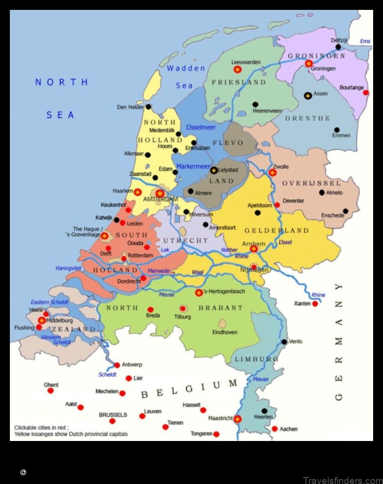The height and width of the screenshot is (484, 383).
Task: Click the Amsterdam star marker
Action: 159,193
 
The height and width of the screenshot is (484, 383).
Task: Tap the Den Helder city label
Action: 130,107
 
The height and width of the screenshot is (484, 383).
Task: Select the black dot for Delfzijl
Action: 338,47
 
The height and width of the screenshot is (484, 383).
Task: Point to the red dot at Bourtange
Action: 366,92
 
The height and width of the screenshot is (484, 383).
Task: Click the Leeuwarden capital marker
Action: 237,70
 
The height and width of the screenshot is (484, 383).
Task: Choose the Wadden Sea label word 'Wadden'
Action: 186,68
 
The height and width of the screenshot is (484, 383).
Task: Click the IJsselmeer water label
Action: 200,128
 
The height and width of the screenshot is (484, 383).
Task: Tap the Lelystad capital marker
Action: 214,170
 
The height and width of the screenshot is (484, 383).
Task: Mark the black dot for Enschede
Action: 345,211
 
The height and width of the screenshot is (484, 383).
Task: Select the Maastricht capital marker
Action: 237,419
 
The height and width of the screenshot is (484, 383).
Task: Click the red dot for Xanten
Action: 315,304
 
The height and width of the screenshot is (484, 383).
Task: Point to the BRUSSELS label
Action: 113,415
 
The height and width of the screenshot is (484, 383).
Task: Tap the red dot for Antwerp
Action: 117,365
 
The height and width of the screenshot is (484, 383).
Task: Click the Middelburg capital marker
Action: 41,320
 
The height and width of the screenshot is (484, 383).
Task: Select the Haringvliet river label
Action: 68,268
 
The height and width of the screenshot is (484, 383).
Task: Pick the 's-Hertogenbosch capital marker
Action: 199,293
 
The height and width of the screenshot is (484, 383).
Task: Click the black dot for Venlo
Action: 284,342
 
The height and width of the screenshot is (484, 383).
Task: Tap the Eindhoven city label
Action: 225,332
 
